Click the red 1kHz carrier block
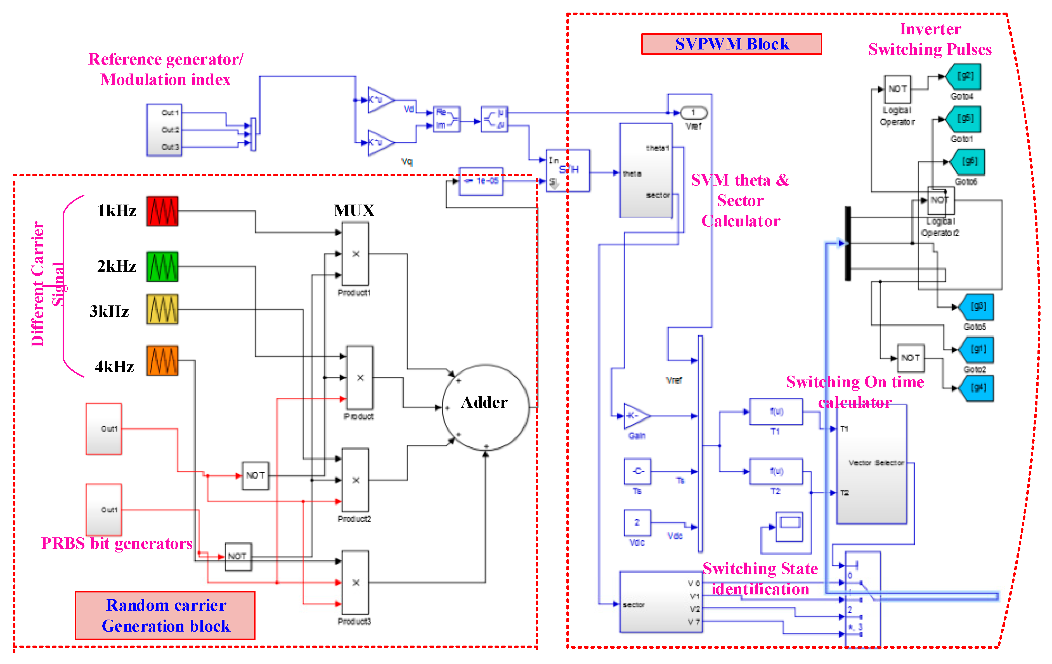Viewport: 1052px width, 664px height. (x=162, y=211)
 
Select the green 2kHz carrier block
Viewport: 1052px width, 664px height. (x=162, y=266)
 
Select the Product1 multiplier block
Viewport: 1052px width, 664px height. (x=355, y=254)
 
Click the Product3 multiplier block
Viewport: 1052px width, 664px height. (x=355, y=582)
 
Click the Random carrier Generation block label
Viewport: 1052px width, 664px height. (x=165, y=615)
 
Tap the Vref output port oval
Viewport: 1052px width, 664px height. (x=693, y=113)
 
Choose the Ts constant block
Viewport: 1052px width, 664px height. (x=637, y=471)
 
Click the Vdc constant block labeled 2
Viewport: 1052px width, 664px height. (x=637, y=523)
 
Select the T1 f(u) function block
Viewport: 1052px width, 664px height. (x=776, y=411)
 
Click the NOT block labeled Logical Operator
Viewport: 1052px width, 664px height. (x=897, y=89)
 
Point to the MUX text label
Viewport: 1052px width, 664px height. (x=354, y=210)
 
